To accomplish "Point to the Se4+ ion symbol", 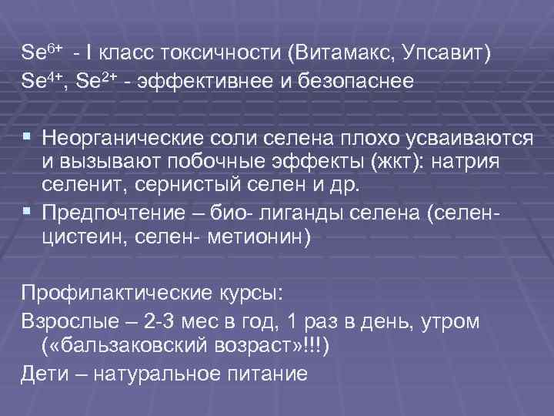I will click(x=40, y=81).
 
